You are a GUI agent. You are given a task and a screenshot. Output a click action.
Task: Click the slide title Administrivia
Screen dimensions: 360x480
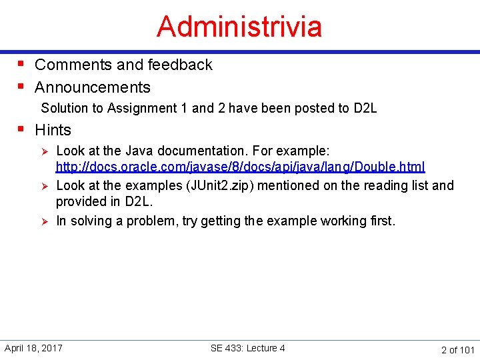click(239, 27)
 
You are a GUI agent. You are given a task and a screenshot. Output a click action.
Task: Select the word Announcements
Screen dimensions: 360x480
click(93, 87)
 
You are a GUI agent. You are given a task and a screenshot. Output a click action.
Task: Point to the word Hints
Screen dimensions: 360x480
click(53, 130)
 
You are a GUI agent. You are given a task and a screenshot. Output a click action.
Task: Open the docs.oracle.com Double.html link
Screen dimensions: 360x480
click(240, 167)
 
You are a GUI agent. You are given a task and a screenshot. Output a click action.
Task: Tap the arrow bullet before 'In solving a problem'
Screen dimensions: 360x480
click(44, 221)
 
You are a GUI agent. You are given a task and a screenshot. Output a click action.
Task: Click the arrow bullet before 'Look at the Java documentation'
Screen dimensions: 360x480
click(44, 151)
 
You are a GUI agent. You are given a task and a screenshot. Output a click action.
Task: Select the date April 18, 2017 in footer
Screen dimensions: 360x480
click(33, 348)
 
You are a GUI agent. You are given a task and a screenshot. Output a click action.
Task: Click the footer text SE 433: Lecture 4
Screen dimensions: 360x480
click(247, 348)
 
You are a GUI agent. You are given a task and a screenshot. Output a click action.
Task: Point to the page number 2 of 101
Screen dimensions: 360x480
click(457, 349)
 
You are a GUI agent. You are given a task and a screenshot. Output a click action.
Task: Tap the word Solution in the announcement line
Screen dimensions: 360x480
click(64, 108)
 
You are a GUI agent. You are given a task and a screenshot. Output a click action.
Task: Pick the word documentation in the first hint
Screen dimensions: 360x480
click(199, 151)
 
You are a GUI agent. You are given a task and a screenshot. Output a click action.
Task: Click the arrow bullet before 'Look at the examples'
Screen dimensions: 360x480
click(44, 186)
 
